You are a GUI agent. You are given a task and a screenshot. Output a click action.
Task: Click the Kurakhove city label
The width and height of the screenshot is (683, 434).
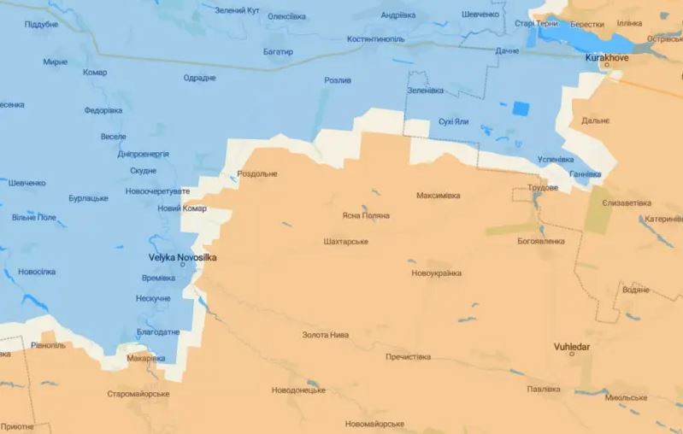(608, 57)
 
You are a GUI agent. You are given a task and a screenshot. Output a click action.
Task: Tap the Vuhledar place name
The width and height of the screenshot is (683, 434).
(572, 347)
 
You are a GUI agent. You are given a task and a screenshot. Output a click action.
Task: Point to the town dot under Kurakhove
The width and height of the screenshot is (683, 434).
(607, 65)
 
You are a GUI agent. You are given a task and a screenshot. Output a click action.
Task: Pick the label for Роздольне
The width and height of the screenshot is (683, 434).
(256, 173)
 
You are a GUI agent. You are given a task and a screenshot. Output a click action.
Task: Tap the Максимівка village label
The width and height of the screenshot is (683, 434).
(438, 196)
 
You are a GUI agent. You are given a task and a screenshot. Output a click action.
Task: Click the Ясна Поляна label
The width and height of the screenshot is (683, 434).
(365, 215)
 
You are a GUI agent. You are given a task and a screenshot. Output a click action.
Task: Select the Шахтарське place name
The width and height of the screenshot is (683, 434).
(346, 242)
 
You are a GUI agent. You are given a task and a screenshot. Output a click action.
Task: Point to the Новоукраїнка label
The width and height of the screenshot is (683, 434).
(436, 273)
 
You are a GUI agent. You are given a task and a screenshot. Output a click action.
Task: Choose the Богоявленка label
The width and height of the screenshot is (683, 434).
(540, 241)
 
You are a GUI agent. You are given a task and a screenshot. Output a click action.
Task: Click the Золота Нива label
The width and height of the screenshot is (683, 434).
(326, 335)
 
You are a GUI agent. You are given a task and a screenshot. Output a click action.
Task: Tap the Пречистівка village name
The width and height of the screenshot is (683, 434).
(408, 357)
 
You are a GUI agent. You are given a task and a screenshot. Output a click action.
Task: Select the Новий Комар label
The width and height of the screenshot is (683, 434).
(182, 208)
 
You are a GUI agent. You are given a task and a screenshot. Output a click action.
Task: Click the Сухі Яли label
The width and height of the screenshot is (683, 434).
(453, 121)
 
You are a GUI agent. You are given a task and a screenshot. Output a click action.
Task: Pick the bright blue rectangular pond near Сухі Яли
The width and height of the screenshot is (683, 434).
(521, 108)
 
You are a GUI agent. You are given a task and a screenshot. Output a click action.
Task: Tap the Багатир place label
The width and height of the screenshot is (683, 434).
(278, 52)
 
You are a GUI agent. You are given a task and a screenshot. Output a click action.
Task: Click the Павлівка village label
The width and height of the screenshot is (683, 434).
(544, 389)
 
